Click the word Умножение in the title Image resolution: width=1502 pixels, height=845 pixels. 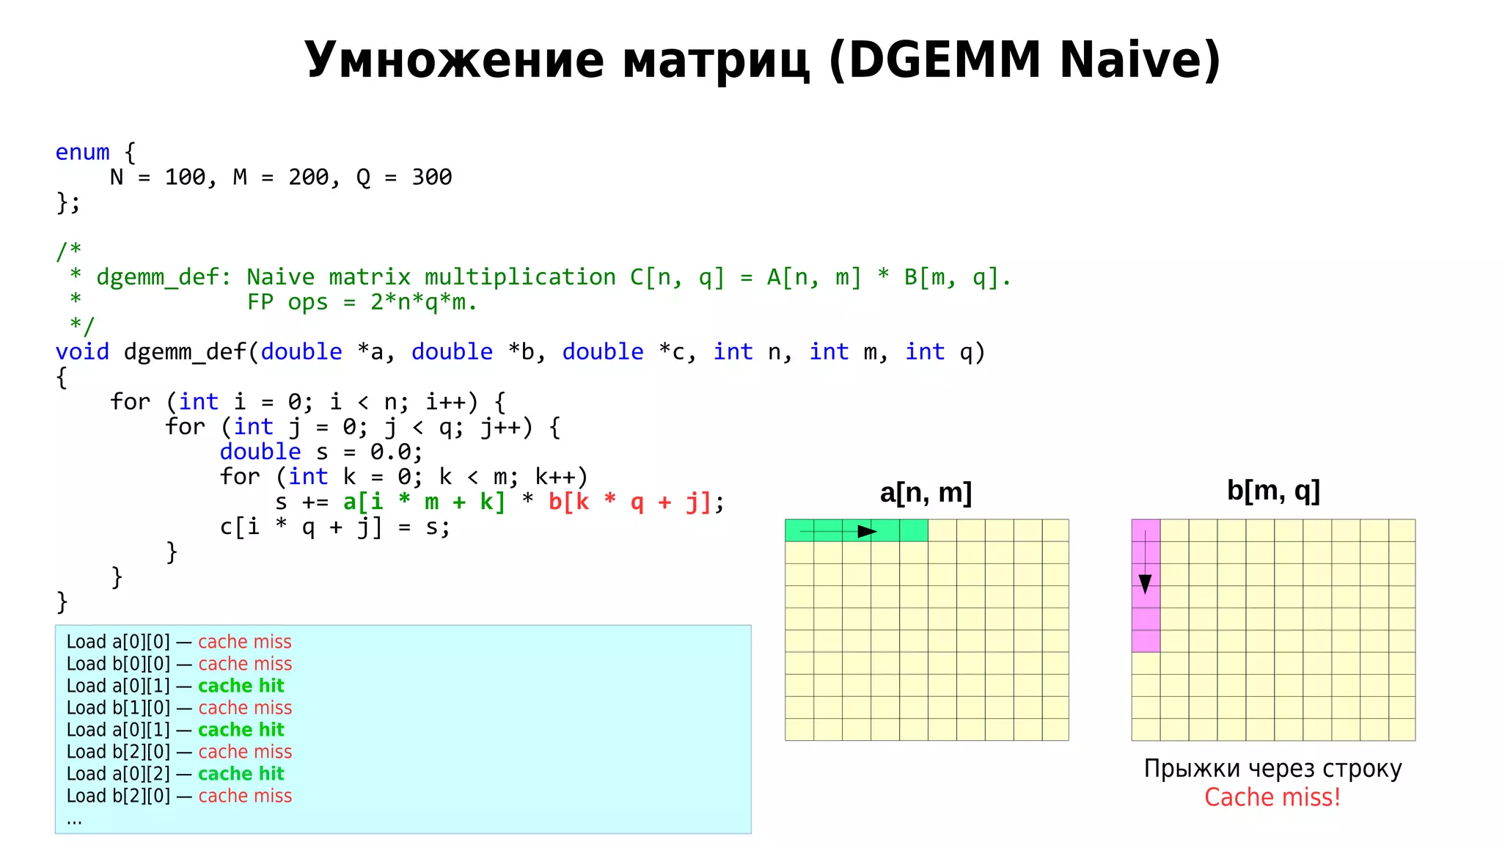click(455, 60)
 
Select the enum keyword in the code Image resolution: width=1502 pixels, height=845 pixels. click(82, 153)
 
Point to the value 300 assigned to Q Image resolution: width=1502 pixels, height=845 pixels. click(431, 178)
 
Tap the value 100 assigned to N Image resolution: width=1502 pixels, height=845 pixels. click(185, 178)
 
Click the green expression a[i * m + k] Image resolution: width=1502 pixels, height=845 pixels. click(424, 502)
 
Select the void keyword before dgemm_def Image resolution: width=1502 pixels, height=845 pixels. click(82, 352)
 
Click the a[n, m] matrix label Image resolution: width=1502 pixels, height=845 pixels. click(926, 493)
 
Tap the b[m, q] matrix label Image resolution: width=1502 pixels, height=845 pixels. click(1273, 490)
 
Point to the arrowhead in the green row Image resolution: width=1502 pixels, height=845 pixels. click(867, 531)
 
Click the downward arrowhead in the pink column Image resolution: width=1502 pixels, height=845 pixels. click(1145, 584)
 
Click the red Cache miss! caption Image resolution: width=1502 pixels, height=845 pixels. click(1272, 797)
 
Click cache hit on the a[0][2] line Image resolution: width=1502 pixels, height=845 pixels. click(241, 774)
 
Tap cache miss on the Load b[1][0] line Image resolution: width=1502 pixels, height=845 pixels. click(245, 708)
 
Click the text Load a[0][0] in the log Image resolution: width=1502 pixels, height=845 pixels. click(118, 642)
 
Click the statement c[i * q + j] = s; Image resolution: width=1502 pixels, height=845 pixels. click(334, 527)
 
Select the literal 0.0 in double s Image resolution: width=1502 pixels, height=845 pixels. click(391, 452)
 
